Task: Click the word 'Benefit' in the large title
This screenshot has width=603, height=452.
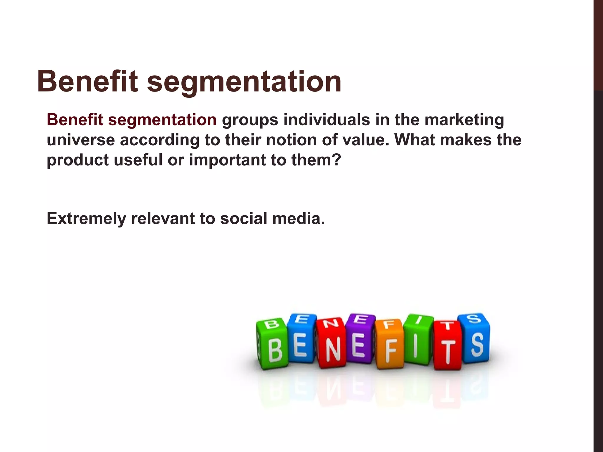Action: click(x=87, y=81)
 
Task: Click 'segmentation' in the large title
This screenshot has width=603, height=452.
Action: click(x=244, y=82)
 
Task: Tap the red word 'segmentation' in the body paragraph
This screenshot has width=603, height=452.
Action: click(x=162, y=120)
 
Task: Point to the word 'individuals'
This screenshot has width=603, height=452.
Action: click(x=327, y=120)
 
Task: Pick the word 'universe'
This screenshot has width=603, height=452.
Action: click(x=81, y=140)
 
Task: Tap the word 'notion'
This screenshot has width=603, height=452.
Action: click(x=291, y=140)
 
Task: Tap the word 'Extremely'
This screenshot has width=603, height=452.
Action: click(x=86, y=219)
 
